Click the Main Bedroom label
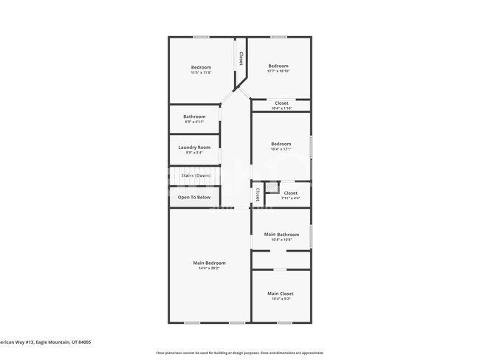point(209,263)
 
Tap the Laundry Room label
point(194,148)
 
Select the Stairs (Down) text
point(196,176)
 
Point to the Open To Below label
point(194,197)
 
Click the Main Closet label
point(281,294)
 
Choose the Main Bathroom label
point(281,235)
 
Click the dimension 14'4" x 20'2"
point(209,269)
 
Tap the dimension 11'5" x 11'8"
point(201,72)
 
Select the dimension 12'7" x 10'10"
point(278,71)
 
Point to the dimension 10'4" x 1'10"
point(281,108)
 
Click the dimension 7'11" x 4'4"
point(290,198)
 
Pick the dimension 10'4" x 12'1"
point(281,149)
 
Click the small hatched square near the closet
point(272,187)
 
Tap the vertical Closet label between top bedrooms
point(241,58)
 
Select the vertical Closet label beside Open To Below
point(257,194)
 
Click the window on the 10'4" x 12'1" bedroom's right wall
point(311,145)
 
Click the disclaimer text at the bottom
point(239,353)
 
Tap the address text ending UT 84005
point(44,342)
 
